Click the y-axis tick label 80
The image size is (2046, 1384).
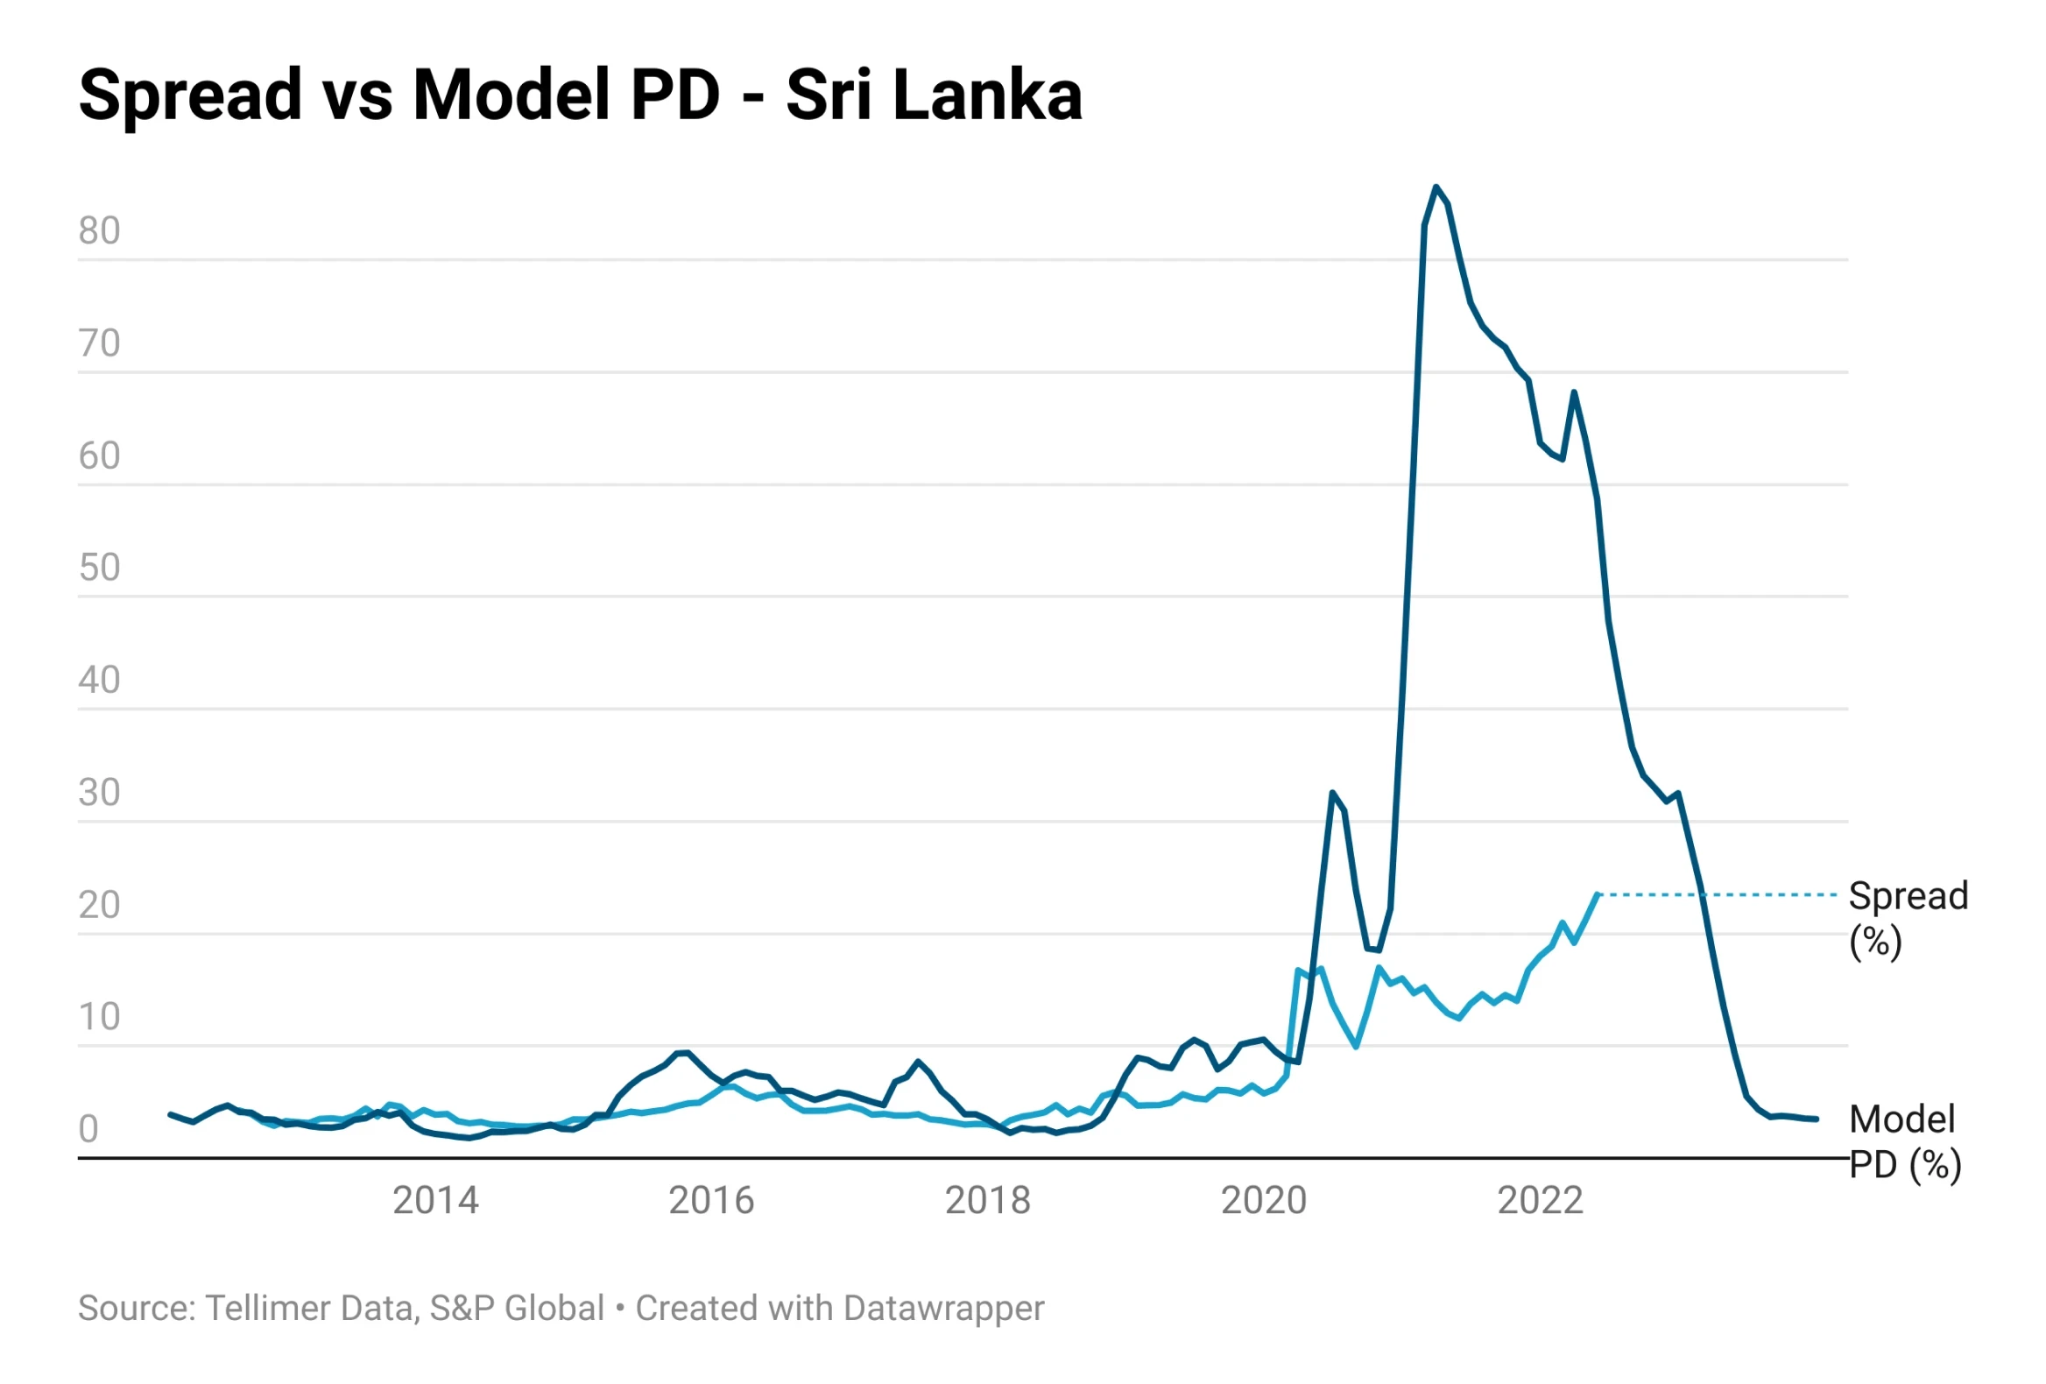coord(99,230)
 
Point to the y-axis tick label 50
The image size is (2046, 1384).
coord(99,568)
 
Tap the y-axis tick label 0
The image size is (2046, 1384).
coord(88,1130)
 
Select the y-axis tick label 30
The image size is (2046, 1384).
coord(99,793)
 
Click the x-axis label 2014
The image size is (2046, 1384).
coord(435,1201)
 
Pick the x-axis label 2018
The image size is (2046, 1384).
coord(987,1201)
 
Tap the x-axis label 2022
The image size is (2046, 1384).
coord(1540,1201)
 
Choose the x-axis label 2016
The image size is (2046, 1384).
coord(711,1201)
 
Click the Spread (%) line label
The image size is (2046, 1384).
coord(1908,918)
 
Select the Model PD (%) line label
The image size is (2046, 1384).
coord(1904,1142)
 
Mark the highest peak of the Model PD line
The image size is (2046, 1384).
coord(1436,187)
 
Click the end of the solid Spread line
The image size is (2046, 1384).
coord(1597,894)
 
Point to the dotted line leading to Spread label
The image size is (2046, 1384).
coord(1717,894)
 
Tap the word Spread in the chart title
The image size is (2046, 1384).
coord(190,95)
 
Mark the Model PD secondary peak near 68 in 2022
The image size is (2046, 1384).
coord(1574,392)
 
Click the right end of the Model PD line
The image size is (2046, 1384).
coord(1817,1119)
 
